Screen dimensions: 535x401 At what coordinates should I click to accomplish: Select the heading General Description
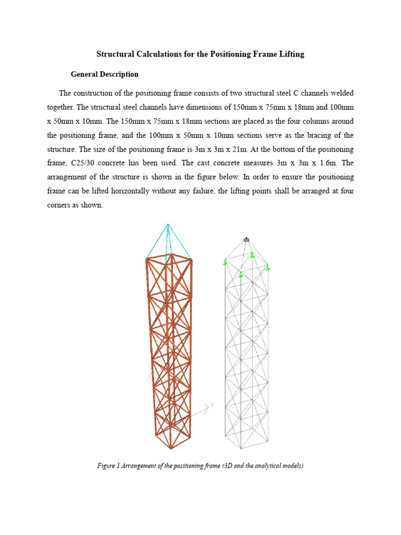coord(105,74)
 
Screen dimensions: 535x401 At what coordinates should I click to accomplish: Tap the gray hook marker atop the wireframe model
coord(246,239)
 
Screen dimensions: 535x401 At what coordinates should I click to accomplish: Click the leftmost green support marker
coord(225,262)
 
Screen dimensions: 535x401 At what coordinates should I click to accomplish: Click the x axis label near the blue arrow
coord(212,404)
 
